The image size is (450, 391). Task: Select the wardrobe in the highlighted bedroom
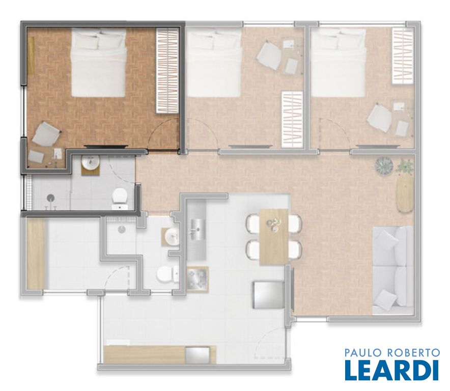click(167, 71)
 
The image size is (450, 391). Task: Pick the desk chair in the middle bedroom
click(269, 55)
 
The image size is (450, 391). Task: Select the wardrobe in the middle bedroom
click(292, 119)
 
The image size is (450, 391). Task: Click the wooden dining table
click(274, 237)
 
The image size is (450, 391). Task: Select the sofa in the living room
click(392, 270)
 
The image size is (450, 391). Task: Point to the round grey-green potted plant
click(384, 166)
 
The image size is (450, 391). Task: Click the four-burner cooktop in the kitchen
click(198, 280)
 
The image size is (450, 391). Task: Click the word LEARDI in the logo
click(392, 370)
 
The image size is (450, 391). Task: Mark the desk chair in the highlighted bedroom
click(46, 133)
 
